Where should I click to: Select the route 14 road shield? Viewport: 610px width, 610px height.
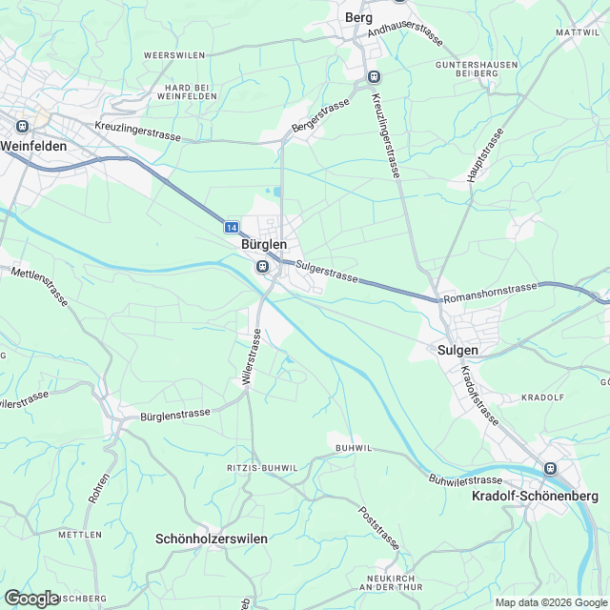232,228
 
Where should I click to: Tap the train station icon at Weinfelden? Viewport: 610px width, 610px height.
18,125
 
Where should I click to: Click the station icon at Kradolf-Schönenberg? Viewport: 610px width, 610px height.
549,468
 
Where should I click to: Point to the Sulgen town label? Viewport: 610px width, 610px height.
457,350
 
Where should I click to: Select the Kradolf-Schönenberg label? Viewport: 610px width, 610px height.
535,497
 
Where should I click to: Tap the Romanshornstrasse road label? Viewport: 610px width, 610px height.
490,291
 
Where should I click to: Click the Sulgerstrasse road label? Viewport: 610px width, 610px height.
326,273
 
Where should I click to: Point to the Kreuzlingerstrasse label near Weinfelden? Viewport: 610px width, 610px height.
137,132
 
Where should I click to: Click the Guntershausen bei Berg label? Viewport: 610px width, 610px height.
465,68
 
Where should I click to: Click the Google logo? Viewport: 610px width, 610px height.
31,598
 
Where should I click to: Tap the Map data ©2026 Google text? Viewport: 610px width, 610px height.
550,602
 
